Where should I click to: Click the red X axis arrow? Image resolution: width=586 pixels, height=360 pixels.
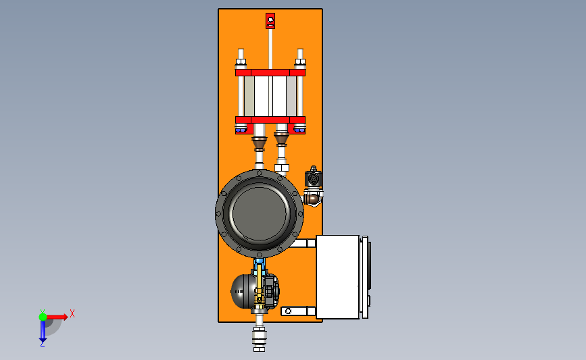click(57, 317)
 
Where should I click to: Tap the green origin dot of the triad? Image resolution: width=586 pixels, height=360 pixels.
click(43, 317)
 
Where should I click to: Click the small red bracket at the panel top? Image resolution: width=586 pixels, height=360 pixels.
click(270, 20)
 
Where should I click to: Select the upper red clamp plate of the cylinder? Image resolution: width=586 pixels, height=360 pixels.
click(270, 72)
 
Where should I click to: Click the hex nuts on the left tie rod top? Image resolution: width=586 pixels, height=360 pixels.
click(241, 62)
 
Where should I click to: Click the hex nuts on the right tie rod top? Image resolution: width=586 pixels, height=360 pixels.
click(300, 62)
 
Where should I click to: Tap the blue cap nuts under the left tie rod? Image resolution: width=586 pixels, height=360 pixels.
click(241, 130)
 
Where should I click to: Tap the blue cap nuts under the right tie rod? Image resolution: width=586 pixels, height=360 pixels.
click(299, 130)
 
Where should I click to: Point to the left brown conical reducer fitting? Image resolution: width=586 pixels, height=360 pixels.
click(259, 144)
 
